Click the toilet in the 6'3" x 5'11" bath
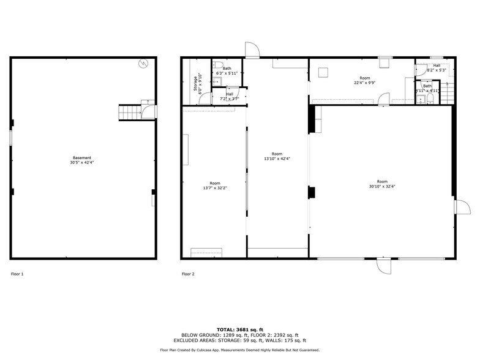pyautogui.click(x=217, y=65)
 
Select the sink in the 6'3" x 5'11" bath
pyautogui.click(x=217, y=80)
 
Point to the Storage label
pyautogui.click(x=196, y=83)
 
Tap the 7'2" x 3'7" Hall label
pyautogui.click(x=229, y=96)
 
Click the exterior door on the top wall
pyautogui.click(x=252, y=50)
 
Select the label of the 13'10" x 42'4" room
pyautogui.click(x=277, y=156)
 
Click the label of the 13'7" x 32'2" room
pyautogui.click(x=215, y=186)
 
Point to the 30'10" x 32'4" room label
pyautogui.click(x=382, y=184)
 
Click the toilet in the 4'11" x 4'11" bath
pyautogui.click(x=430, y=98)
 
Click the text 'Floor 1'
pyautogui.click(x=17, y=274)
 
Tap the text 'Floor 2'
pyautogui.click(x=188, y=274)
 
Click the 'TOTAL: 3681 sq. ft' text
pyautogui.click(x=240, y=329)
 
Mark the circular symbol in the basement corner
pyautogui.click(x=143, y=62)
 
